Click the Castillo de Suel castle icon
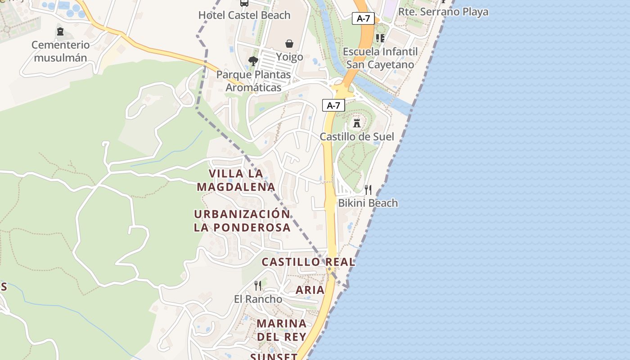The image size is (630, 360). coord(357,122)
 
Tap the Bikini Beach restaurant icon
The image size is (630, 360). coord(368,189)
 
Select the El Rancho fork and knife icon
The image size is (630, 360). coord(258,285)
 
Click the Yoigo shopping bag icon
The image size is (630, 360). coord(289,44)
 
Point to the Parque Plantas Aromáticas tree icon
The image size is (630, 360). coord(253,61)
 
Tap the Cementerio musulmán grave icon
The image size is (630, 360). coord(60,31)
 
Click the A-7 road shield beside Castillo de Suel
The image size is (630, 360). coord(333,105)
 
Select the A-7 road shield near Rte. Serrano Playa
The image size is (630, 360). coord(363,18)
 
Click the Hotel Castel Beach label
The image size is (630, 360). coord(244,15)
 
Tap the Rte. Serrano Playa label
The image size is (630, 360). coord(443,12)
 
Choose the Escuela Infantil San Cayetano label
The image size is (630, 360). coord(380,58)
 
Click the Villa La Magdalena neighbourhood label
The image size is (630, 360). coord(236,180)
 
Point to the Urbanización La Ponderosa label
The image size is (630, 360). coord(242,220)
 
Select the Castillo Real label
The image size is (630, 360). coord(308,262)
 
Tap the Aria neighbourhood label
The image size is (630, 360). coord(310,290)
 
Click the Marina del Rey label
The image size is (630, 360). coord(282,330)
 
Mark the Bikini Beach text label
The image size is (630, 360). coord(368,203)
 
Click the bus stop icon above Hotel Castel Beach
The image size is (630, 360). coord(244,3)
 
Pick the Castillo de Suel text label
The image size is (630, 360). coord(357,137)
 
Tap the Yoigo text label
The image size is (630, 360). coord(289,57)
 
